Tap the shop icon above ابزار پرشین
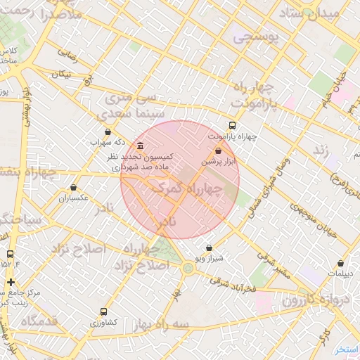pos(218,150)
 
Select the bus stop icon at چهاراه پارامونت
pos(233,126)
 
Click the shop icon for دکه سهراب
pos(107,131)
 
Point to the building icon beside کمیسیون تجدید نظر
pos(141,146)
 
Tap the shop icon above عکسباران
pos(74,188)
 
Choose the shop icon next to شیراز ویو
pos(209,248)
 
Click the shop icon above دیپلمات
pos(341,263)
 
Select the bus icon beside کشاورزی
pos(104,311)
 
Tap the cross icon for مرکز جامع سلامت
pos(10,283)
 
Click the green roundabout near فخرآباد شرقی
pos(188,267)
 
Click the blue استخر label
pos(346,349)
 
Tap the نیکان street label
pos(62,74)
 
